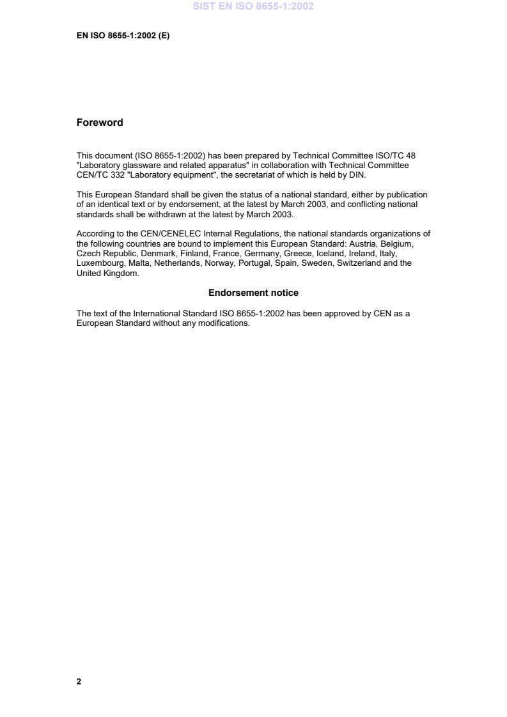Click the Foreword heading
100,123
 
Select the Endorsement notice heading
253,293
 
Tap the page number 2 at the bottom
79,681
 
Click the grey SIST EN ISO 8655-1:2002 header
254,7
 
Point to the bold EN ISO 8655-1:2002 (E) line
123,36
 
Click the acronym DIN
357,174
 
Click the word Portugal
254,263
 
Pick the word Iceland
330,253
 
